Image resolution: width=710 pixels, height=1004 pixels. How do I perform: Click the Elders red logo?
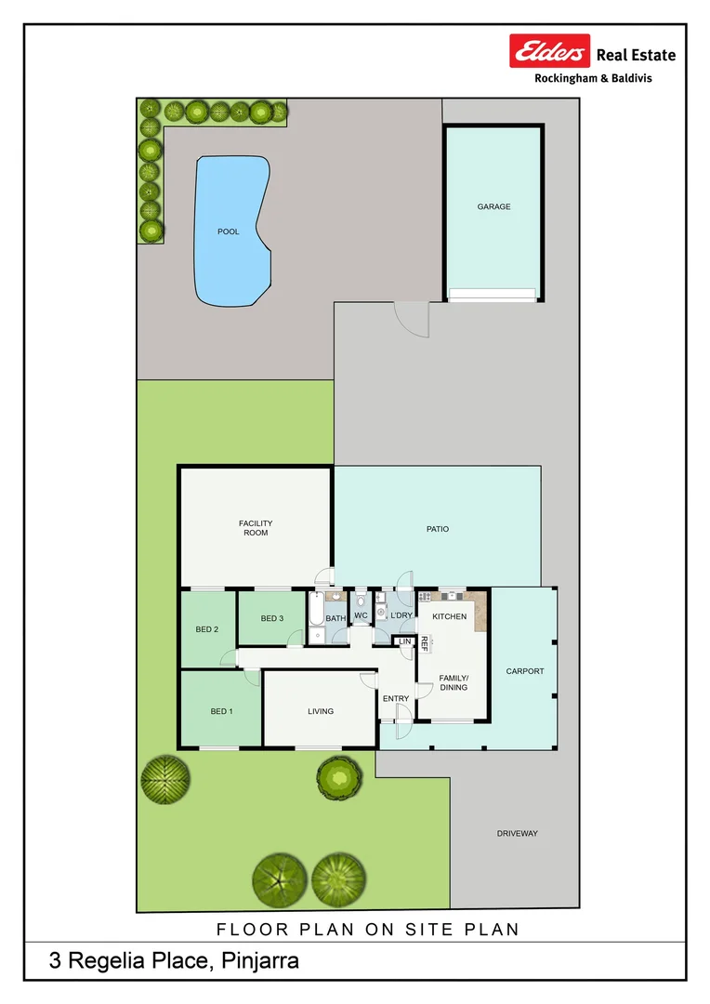(549, 51)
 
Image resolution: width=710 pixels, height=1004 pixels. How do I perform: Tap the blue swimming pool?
(230, 232)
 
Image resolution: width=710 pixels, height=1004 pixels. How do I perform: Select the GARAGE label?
(493, 207)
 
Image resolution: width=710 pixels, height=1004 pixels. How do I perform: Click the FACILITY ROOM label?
(256, 528)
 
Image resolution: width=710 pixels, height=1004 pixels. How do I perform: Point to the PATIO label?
(438, 529)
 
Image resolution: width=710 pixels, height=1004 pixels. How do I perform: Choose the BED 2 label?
(207, 629)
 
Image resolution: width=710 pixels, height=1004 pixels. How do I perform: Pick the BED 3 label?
(271, 618)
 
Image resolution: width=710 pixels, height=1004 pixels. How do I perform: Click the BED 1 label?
(221, 711)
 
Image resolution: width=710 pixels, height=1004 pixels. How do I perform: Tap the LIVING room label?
(321, 711)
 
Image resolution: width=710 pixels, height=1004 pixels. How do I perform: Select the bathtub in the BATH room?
(316, 614)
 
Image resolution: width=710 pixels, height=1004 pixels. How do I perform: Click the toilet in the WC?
(361, 601)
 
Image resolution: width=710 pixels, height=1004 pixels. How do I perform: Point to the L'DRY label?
(401, 615)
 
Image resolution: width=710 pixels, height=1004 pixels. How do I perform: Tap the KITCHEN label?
(450, 616)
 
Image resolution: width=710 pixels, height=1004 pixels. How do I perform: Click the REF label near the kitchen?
(425, 642)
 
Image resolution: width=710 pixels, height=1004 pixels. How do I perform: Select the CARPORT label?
(524, 670)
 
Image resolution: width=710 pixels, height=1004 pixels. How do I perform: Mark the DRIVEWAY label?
(517, 833)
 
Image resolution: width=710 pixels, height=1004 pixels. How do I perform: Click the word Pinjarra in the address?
(260, 961)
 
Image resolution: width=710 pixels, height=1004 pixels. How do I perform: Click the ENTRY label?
(395, 698)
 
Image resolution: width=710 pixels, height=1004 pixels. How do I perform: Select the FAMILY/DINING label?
(454, 683)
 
